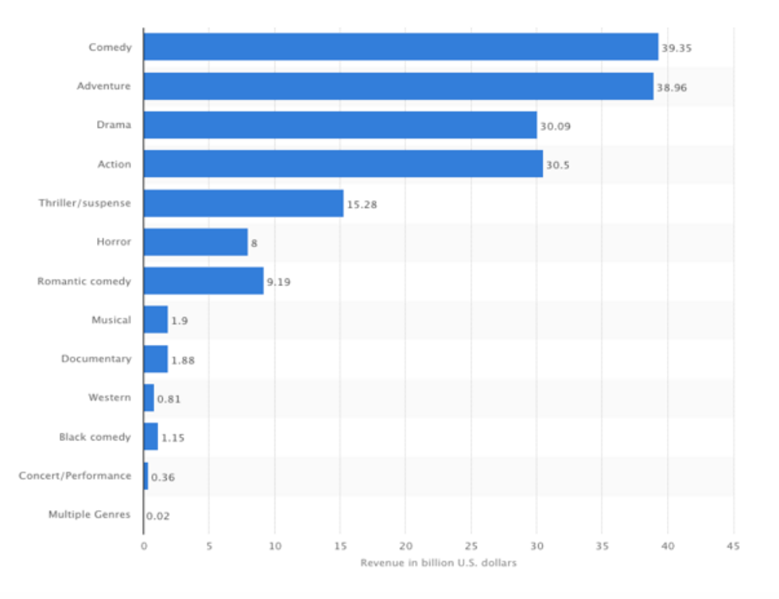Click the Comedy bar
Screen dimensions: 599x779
tap(401, 47)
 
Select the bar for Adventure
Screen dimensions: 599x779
tap(398, 86)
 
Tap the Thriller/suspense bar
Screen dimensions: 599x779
tap(243, 203)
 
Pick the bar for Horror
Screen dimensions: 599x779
tap(196, 242)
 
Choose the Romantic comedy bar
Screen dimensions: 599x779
tap(203, 281)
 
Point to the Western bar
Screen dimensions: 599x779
tap(149, 397)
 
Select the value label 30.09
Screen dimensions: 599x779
tap(555, 126)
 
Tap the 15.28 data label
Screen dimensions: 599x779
tap(361, 204)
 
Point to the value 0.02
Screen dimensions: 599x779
tap(157, 515)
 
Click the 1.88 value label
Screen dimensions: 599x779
tap(183, 360)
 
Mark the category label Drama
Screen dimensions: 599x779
tap(114, 125)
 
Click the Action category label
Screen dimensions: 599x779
tap(114, 164)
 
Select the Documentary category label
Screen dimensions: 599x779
tap(96, 359)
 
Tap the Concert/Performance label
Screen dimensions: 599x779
tap(75, 476)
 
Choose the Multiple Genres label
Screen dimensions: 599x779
tap(89, 515)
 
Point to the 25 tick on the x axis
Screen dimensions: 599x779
tap(471, 547)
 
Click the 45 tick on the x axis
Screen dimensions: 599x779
tap(733, 547)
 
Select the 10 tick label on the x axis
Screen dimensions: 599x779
tap(274, 547)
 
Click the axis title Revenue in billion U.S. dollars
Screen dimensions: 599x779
tap(438, 563)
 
